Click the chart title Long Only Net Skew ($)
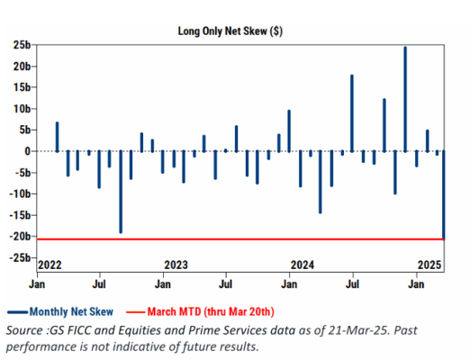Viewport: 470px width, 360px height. click(x=230, y=31)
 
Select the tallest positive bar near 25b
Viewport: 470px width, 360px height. click(x=405, y=99)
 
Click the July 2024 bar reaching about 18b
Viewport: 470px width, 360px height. click(x=352, y=113)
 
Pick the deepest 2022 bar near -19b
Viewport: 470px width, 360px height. click(x=121, y=192)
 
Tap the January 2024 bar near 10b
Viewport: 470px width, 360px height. click(x=289, y=131)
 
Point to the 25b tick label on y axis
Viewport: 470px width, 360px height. click(x=22, y=45)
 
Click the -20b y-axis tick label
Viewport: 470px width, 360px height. click(x=20, y=237)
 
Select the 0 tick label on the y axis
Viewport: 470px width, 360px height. click(x=28, y=151)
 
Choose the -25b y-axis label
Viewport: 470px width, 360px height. click(x=20, y=257)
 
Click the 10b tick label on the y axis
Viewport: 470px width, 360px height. click(x=22, y=109)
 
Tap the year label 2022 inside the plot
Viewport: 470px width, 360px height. click(x=50, y=265)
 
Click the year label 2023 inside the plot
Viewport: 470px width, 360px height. click(x=176, y=265)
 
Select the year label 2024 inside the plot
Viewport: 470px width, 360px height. click(x=303, y=265)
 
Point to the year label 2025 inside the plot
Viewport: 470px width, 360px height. click(x=429, y=265)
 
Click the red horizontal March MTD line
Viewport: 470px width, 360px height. click(x=240, y=239)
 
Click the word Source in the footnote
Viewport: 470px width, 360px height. click(x=25, y=330)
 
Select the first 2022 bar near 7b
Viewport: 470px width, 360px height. click(x=57, y=137)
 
